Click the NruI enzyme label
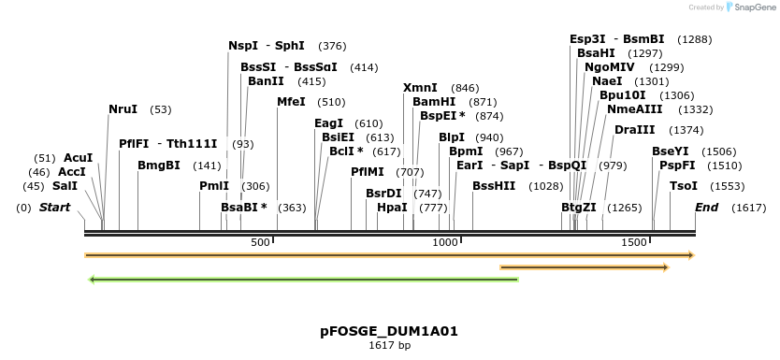coord(123,109)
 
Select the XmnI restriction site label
coord(420,88)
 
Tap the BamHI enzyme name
coord(434,102)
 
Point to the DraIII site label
coord(634,130)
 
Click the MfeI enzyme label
coord(291,102)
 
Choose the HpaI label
coord(392,208)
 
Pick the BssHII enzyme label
coord(494,186)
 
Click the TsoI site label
coord(683,186)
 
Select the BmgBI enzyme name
coord(159,166)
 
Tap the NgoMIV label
coord(609,67)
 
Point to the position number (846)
coord(465,88)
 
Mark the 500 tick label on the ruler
coord(261,243)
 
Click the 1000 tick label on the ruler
coord(445,243)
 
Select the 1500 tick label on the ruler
coord(635,243)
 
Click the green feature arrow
coord(303,279)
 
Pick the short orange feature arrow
coord(585,267)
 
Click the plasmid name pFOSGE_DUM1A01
coord(389,331)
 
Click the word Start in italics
coord(54,208)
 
